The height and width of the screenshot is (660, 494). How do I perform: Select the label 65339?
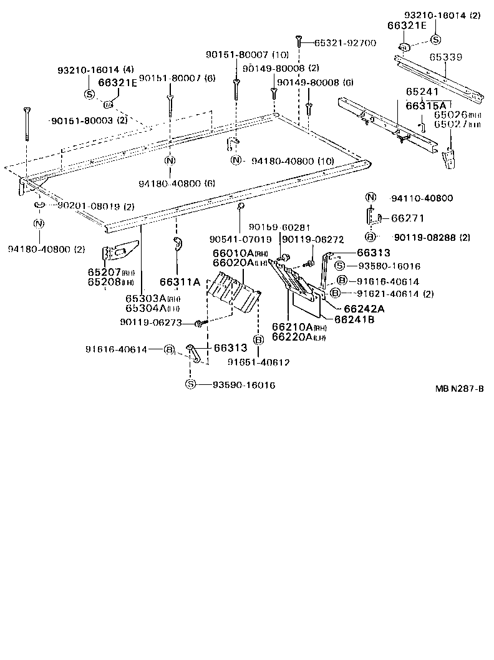tap(445, 57)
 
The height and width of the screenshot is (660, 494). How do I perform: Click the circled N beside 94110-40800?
tap(370, 198)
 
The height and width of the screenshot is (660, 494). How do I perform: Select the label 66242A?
tap(363, 309)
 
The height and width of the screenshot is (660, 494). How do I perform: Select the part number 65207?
tap(103, 273)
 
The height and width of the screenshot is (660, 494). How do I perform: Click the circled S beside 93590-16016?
tap(190, 385)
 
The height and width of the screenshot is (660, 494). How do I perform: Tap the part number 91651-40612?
tap(258, 362)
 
